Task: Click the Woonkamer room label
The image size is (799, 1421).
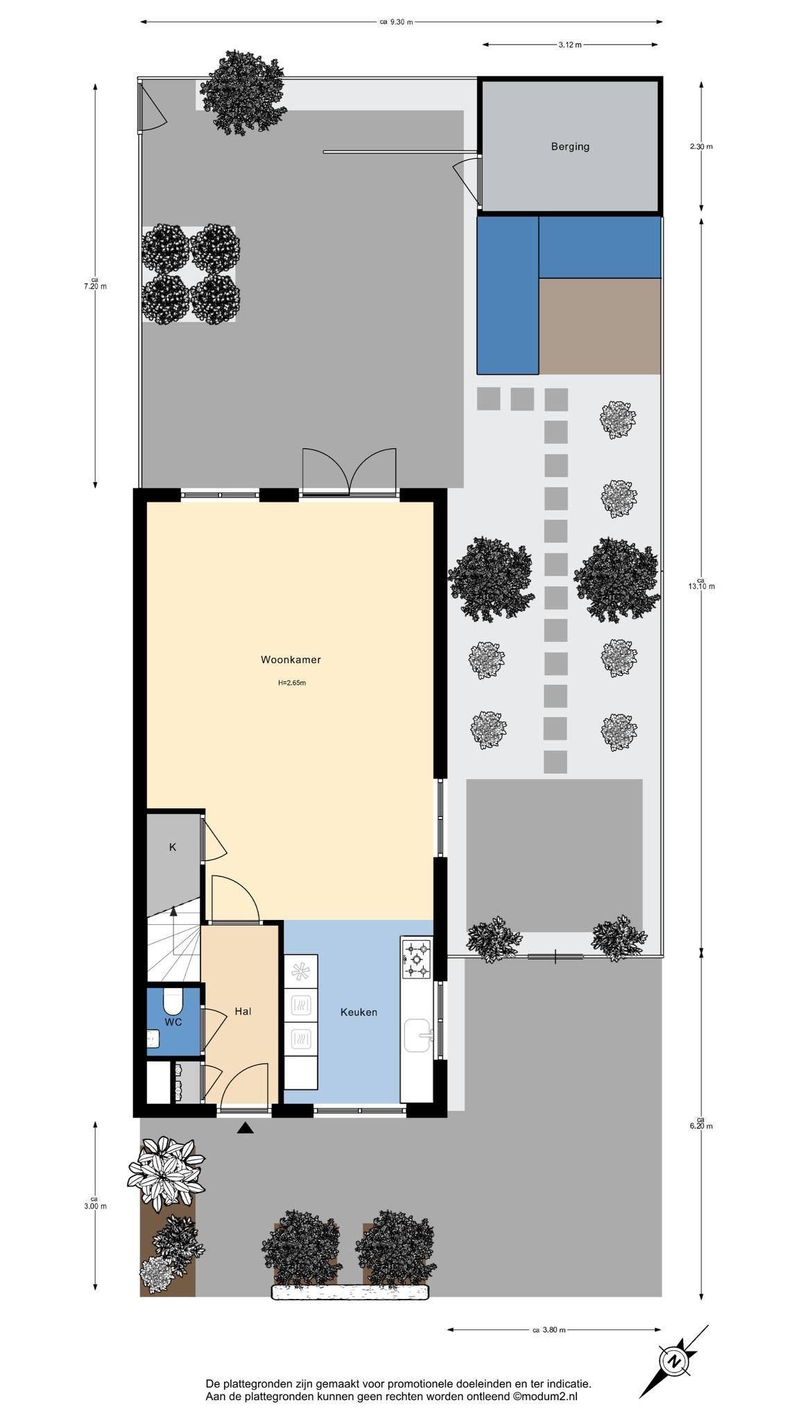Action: point(291,660)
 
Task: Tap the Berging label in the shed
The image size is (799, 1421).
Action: point(570,146)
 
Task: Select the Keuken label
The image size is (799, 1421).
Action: point(359,1012)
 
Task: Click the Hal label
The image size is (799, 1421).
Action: point(243,1012)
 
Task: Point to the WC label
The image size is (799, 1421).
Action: point(173,1022)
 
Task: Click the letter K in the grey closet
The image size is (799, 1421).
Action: point(173,847)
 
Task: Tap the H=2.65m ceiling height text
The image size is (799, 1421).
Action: point(292,683)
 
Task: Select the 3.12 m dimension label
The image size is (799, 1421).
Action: point(569,45)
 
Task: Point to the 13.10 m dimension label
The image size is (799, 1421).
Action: point(701,586)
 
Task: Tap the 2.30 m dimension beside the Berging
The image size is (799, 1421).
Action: point(701,146)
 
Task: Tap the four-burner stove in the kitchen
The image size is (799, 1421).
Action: point(417,959)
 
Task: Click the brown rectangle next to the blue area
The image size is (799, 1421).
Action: point(599,326)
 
